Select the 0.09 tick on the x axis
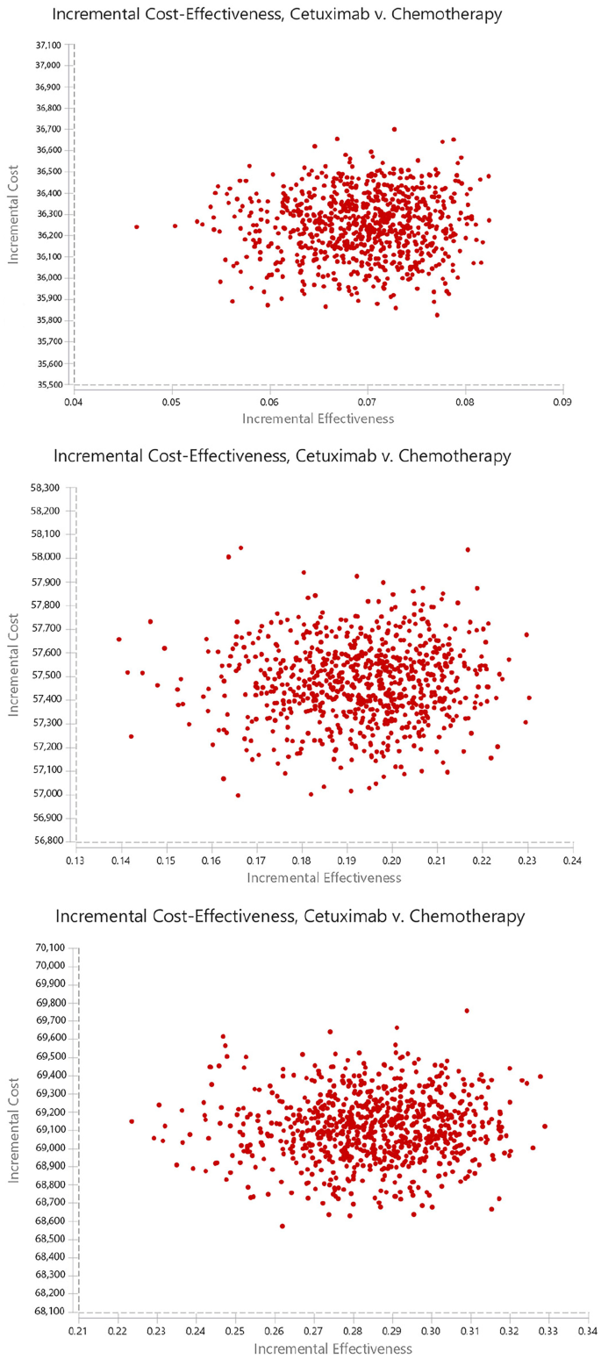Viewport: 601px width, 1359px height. tap(562, 402)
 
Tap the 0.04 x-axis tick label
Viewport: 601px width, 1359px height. tap(75, 402)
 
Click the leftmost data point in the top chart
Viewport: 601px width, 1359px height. tap(136, 226)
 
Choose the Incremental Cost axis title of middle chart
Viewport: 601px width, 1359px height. tap(15, 662)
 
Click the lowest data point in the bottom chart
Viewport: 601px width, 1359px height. tap(282, 1226)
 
